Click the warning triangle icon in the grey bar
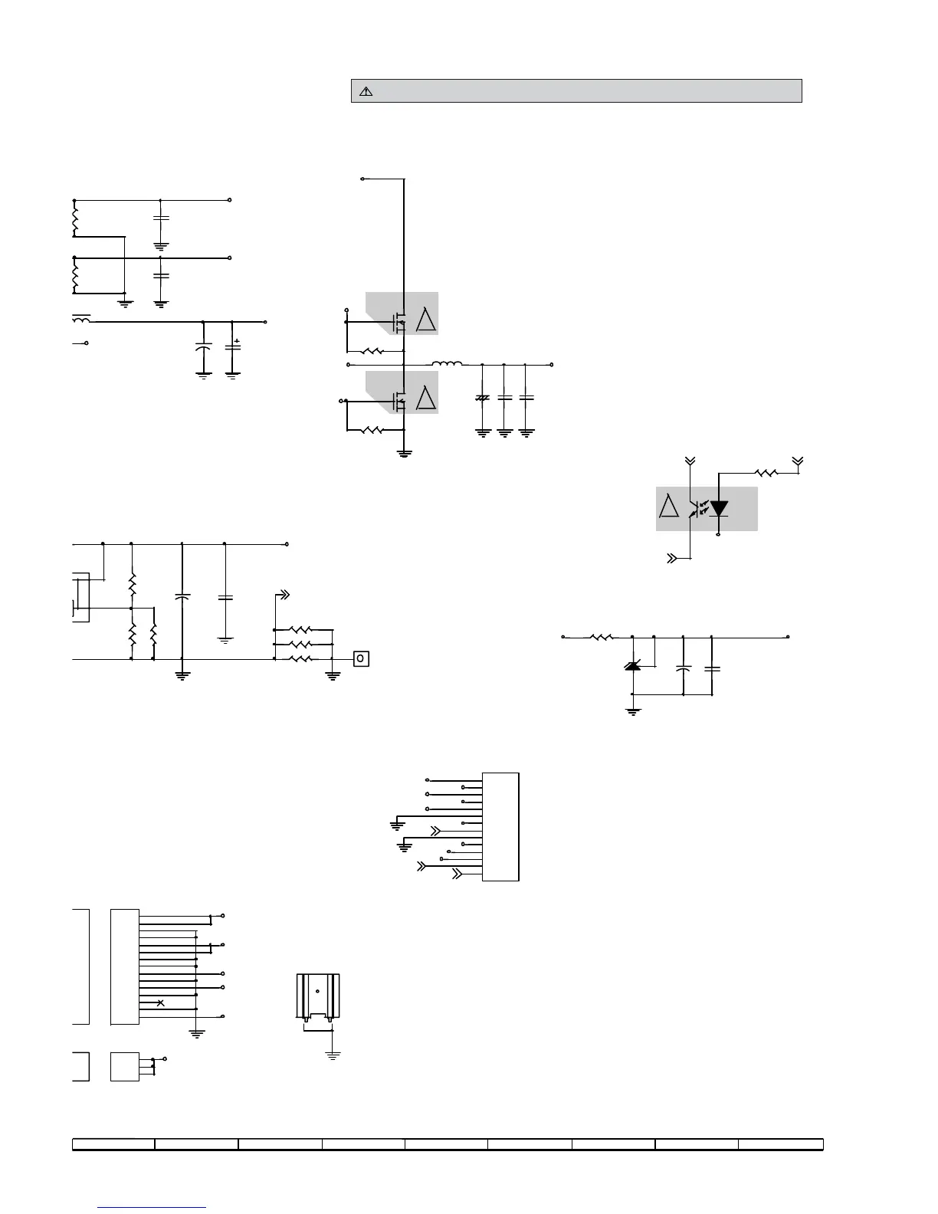(366, 91)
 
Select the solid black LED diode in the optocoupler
(718, 508)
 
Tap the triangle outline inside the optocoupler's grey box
(669, 507)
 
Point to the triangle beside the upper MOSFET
(425, 318)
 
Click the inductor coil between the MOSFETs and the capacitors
(447, 364)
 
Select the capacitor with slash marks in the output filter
(482, 399)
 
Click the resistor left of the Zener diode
(601, 637)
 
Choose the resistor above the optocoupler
(766, 473)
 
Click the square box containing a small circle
(361, 658)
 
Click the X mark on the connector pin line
(159, 1002)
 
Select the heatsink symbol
(317, 996)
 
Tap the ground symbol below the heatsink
(333, 1055)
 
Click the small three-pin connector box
(125, 1066)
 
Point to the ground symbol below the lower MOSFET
(404, 453)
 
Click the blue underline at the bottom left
(153, 1207)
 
